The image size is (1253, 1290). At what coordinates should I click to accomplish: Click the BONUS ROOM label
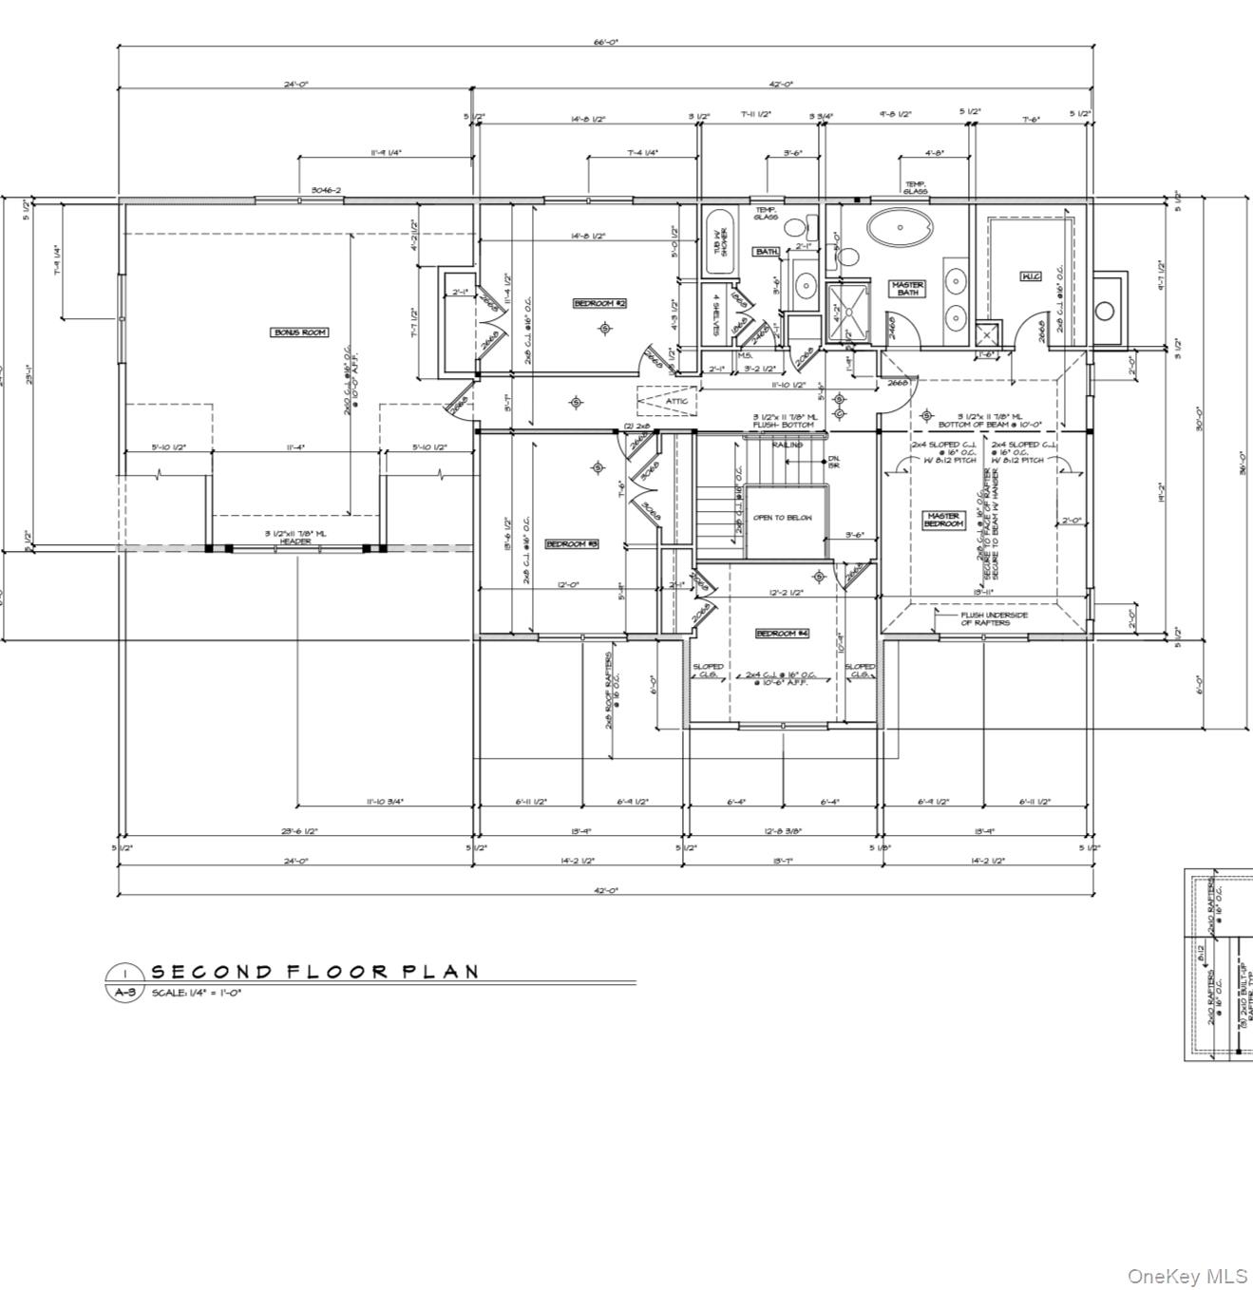(x=300, y=332)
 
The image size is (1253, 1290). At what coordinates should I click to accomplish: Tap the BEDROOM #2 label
(x=599, y=303)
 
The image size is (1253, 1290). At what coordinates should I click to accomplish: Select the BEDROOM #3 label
(x=571, y=544)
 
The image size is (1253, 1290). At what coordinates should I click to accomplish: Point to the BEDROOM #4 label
(x=782, y=633)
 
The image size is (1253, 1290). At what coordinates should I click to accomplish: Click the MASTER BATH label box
(x=907, y=288)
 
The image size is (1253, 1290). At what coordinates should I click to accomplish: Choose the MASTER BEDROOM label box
(x=943, y=520)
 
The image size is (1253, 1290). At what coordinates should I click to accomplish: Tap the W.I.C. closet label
(x=1031, y=276)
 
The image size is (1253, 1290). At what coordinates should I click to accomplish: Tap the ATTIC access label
(x=676, y=402)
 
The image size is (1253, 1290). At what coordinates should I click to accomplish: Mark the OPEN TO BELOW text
(x=782, y=518)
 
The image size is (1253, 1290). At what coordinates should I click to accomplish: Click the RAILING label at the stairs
(x=787, y=445)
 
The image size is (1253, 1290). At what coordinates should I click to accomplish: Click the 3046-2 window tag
(x=326, y=191)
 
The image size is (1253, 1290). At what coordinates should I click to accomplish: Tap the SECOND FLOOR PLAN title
(x=314, y=971)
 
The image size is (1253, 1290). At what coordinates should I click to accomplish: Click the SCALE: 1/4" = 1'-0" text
(x=197, y=992)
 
